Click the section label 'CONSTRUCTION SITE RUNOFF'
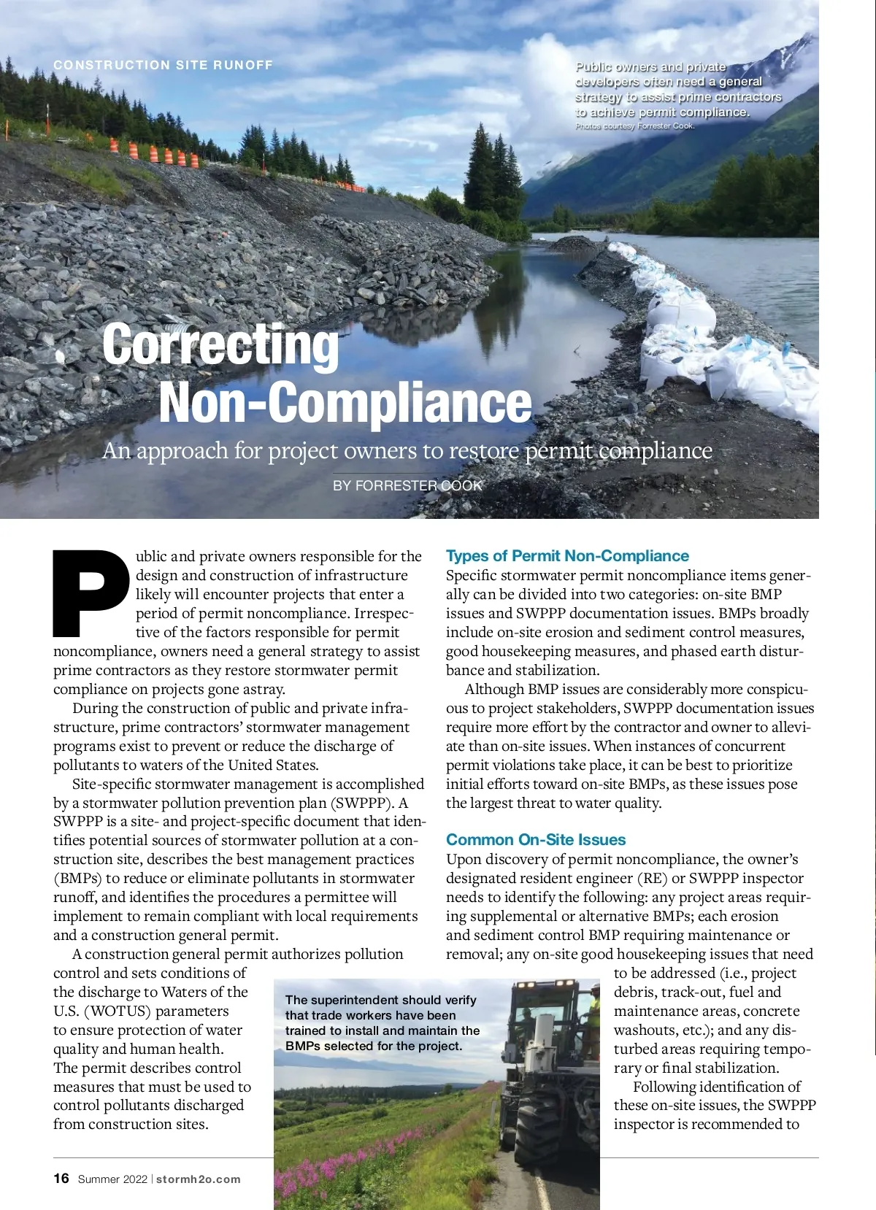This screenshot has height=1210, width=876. [x=163, y=65]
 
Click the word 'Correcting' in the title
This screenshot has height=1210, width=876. [x=220, y=344]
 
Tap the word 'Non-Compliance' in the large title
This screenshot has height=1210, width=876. [x=345, y=402]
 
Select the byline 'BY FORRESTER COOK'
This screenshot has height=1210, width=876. [x=407, y=485]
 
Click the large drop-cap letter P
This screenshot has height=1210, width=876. [x=91, y=593]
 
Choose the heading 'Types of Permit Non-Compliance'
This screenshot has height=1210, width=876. [x=567, y=556]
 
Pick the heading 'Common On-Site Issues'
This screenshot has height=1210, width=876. [x=536, y=840]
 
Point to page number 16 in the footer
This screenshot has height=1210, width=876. [x=61, y=1179]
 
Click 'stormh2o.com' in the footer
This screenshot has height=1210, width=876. [x=198, y=1179]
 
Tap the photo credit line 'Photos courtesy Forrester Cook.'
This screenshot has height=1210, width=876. [x=634, y=126]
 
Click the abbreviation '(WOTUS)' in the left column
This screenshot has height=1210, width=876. [x=117, y=1011]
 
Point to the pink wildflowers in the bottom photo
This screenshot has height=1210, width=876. [x=350, y=1168]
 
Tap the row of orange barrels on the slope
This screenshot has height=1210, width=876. [x=154, y=153]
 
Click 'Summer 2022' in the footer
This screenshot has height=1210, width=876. [x=112, y=1179]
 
